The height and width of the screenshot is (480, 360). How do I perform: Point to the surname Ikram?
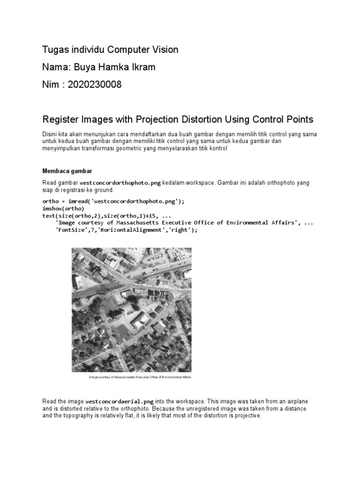click(143, 67)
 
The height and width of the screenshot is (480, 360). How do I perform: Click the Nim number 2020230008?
click(94, 84)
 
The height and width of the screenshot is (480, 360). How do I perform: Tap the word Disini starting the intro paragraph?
click(50, 135)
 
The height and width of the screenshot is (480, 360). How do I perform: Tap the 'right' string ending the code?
click(180, 230)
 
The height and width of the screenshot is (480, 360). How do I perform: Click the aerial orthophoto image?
click(131, 309)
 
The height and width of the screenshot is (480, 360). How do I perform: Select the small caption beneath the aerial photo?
click(140, 377)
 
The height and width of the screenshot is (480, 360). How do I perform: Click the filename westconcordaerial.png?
click(120, 402)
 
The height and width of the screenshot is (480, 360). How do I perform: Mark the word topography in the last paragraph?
click(79, 415)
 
